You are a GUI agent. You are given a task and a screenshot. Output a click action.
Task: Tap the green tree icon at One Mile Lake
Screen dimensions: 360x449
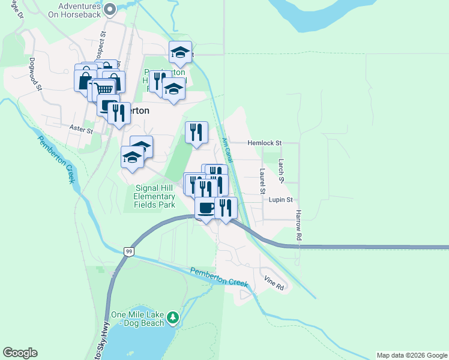pos(173,316)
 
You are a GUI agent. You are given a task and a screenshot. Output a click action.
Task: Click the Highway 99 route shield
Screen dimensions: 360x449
pos(128,251)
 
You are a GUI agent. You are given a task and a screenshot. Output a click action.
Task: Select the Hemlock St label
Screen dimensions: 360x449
pos(264,143)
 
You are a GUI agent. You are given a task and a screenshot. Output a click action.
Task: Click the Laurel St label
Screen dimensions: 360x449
pos(262,181)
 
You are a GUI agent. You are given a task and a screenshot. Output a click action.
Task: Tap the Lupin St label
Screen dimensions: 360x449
pos(280,200)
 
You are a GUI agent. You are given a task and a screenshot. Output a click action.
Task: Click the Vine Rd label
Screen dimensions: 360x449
pos(274,284)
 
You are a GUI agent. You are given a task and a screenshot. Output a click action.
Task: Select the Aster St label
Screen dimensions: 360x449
pos(81,129)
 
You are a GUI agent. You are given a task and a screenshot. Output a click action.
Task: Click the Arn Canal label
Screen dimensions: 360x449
pos(226,150)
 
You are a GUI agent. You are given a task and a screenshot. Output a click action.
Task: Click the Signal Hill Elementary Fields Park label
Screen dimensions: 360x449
pos(154,196)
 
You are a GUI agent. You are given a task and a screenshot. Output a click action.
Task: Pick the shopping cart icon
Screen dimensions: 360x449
pos(104,89)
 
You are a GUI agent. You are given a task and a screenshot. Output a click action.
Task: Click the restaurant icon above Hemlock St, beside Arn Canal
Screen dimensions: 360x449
pos(197,132)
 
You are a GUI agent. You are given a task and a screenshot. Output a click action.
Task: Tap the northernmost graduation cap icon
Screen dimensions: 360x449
pos(180,52)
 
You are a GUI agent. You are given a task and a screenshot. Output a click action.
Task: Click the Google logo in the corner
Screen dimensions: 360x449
pos(20,353)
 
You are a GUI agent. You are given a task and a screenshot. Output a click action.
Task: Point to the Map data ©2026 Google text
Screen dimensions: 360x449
pos(412,355)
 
